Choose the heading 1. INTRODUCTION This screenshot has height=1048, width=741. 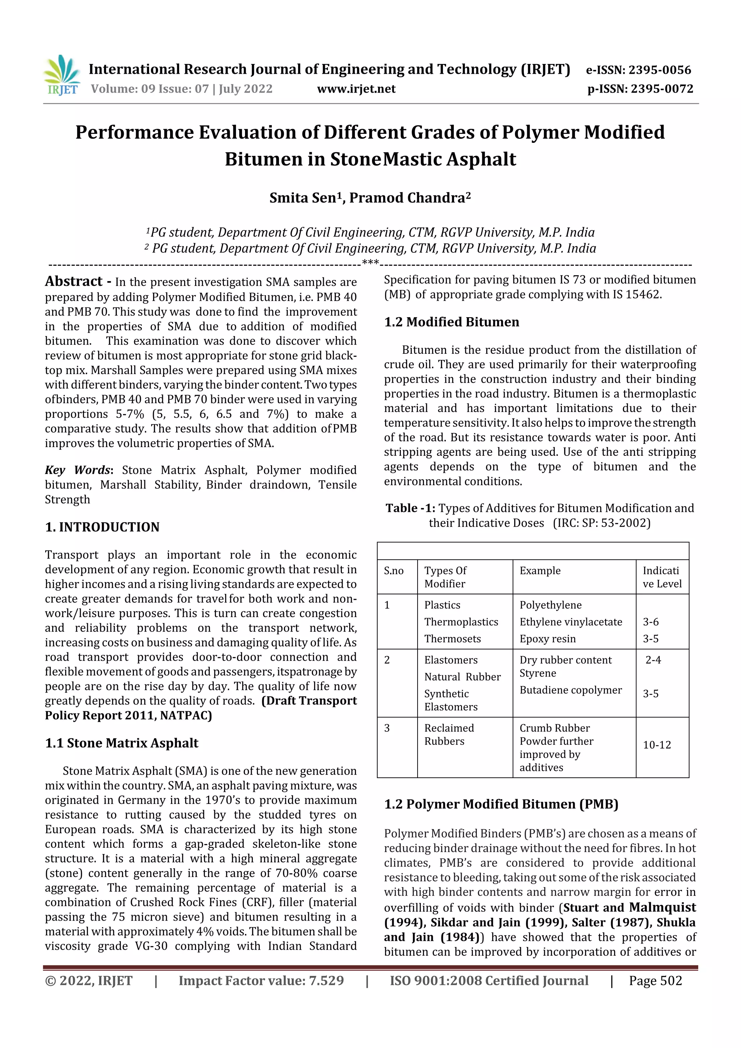(102, 527)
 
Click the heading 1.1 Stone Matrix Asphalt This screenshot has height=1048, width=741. (122, 743)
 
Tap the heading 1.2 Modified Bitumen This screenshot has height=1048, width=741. (452, 322)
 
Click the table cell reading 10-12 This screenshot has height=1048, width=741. (657, 745)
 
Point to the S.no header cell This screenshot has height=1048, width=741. (394, 570)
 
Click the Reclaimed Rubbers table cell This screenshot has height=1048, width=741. (449, 734)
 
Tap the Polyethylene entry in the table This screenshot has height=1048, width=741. (550, 605)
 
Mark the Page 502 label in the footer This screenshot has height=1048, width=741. (655, 980)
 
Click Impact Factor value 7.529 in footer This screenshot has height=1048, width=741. (261, 980)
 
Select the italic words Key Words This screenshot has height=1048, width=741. (78, 470)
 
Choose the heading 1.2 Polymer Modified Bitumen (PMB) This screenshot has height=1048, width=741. (501, 804)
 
